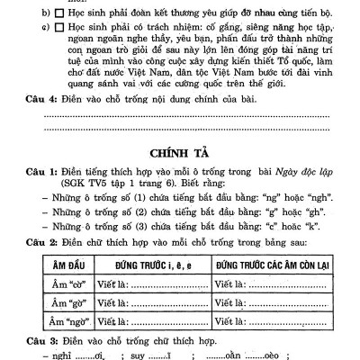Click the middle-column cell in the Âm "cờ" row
[151, 284]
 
